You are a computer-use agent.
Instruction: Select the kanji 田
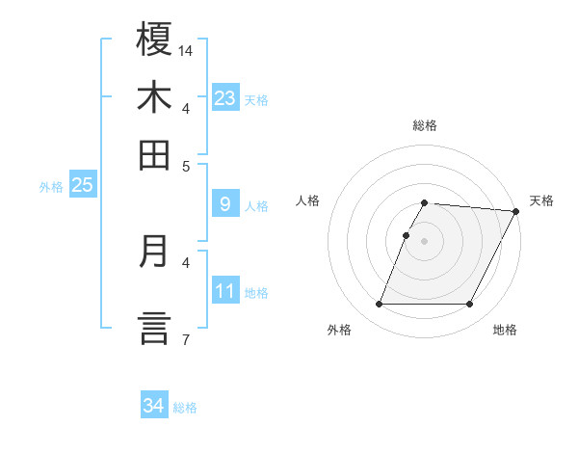click(x=154, y=155)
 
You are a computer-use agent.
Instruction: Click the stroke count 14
click(x=186, y=50)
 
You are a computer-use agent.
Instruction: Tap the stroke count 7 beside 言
click(x=185, y=339)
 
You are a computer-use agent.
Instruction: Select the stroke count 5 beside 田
click(x=186, y=165)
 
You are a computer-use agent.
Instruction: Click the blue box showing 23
click(x=225, y=97)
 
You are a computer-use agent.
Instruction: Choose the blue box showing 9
click(x=225, y=204)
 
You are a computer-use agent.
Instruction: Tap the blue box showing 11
click(x=225, y=290)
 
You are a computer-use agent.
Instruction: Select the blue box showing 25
click(x=82, y=185)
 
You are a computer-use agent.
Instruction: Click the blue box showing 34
click(x=154, y=406)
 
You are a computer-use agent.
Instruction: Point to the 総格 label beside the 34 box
click(x=186, y=408)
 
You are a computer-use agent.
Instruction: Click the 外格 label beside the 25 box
click(x=50, y=187)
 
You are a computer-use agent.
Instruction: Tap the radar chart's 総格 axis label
click(x=425, y=125)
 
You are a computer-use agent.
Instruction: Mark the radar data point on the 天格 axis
click(x=517, y=211)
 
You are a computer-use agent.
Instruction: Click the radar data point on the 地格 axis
click(x=470, y=305)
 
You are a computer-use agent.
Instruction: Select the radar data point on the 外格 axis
click(x=379, y=305)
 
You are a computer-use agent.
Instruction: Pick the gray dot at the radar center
click(x=424, y=240)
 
